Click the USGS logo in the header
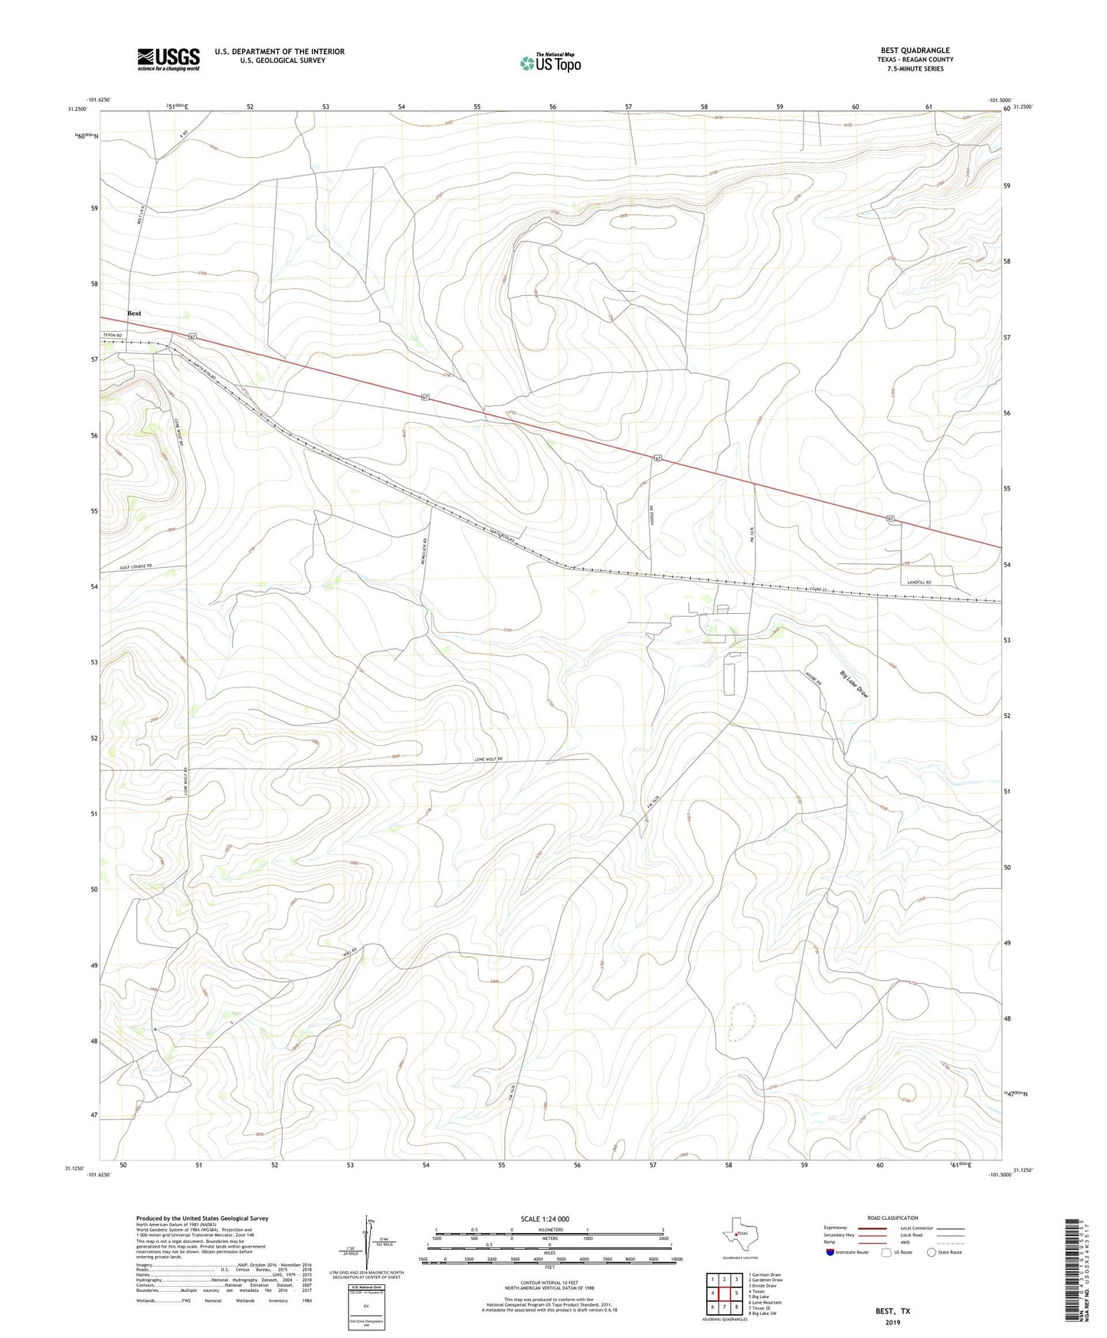tap(169, 59)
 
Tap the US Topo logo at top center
tap(549, 63)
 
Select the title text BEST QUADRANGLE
tap(915, 51)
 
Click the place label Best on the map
tap(134, 313)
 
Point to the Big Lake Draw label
tap(853, 684)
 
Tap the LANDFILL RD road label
tap(918, 582)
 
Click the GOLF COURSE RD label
tap(136, 566)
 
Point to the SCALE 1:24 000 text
tap(545, 1219)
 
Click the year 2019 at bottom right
tap(892, 1322)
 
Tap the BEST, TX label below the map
tap(892, 1311)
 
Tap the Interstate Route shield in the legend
tap(831, 1253)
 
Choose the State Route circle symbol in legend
tap(932, 1253)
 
